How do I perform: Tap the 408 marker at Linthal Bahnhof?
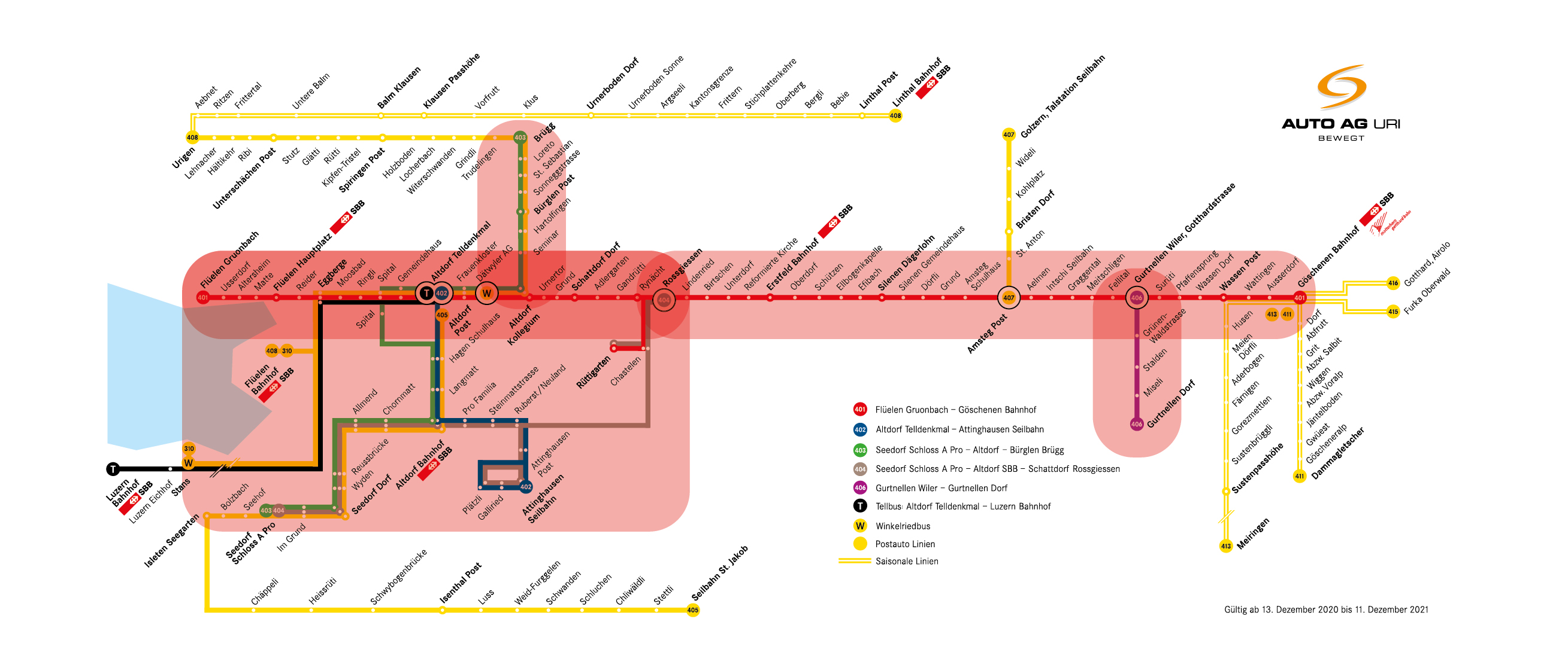click(895, 116)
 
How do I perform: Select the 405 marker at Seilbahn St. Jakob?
click(693, 610)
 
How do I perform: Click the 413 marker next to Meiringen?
click(1225, 546)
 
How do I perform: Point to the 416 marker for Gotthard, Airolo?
click(1393, 283)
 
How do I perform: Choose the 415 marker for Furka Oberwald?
click(1393, 312)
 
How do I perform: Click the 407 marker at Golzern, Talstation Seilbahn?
click(1009, 135)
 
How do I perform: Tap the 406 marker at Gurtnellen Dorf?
click(1137, 424)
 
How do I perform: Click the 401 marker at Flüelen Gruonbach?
click(203, 297)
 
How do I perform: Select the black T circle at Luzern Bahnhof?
click(113, 469)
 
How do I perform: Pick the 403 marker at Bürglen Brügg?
click(520, 138)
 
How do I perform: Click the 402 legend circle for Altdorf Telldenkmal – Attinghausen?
click(860, 429)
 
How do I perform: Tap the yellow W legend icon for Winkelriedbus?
click(860, 526)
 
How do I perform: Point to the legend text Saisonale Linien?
click(907, 561)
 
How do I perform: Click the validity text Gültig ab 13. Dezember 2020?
click(1326, 609)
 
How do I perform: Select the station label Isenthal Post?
click(461, 583)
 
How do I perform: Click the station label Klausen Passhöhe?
click(451, 81)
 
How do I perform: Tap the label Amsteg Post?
click(987, 334)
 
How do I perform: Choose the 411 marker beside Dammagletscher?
click(1299, 476)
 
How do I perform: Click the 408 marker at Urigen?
click(192, 138)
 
